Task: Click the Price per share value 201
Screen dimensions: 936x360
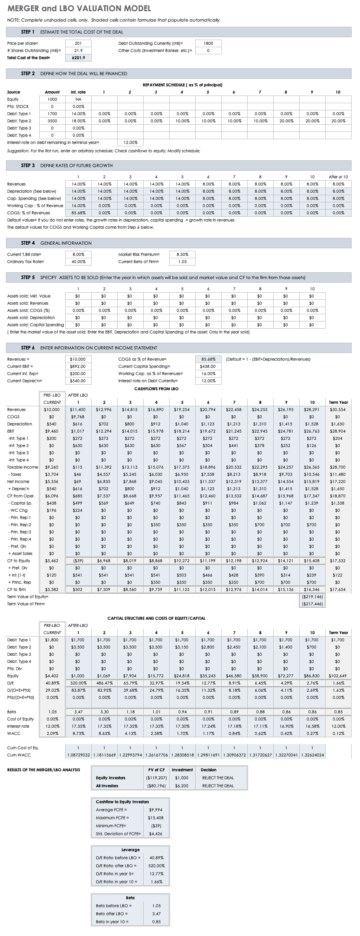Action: (x=78, y=43)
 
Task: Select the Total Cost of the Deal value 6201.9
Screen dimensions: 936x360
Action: (x=78, y=58)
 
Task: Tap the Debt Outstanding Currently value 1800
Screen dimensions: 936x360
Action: (x=208, y=43)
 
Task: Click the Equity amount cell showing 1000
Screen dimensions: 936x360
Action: (x=52, y=99)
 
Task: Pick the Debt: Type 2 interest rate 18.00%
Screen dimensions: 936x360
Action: (x=78, y=121)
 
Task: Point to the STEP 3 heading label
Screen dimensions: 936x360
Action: (x=28, y=166)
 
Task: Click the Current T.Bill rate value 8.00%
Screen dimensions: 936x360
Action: (x=78, y=254)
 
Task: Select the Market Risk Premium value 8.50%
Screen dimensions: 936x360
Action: (x=182, y=254)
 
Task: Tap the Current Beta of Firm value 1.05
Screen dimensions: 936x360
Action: (x=182, y=261)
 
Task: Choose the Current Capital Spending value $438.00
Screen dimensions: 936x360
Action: (x=208, y=366)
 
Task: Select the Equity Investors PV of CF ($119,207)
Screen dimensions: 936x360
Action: (x=156, y=778)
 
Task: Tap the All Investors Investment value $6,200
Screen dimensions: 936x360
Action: (x=182, y=786)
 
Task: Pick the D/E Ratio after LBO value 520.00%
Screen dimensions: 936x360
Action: (x=156, y=866)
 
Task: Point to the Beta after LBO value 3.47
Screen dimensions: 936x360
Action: (x=156, y=914)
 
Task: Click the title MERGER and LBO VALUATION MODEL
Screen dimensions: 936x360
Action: (x=79, y=8)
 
